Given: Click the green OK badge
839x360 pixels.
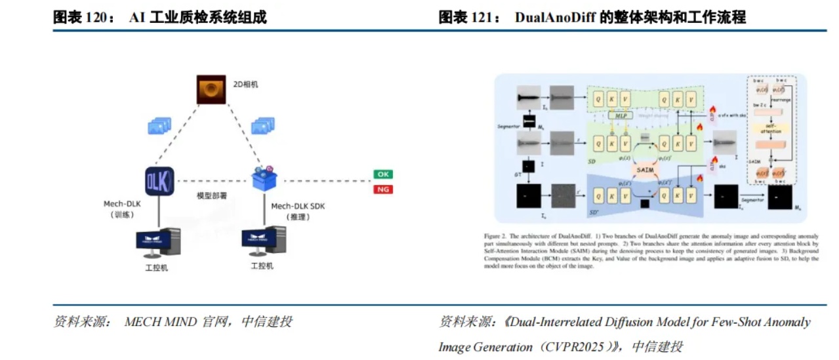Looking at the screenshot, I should pyautogui.click(x=383, y=174).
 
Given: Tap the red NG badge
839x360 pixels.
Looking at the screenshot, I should pyautogui.click(x=383, y=190).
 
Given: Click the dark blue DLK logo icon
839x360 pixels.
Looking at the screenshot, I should pyautogui.click(x=159, y=180).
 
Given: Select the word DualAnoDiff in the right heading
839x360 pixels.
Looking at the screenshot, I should pyautogui.click(x=556, y=18).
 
